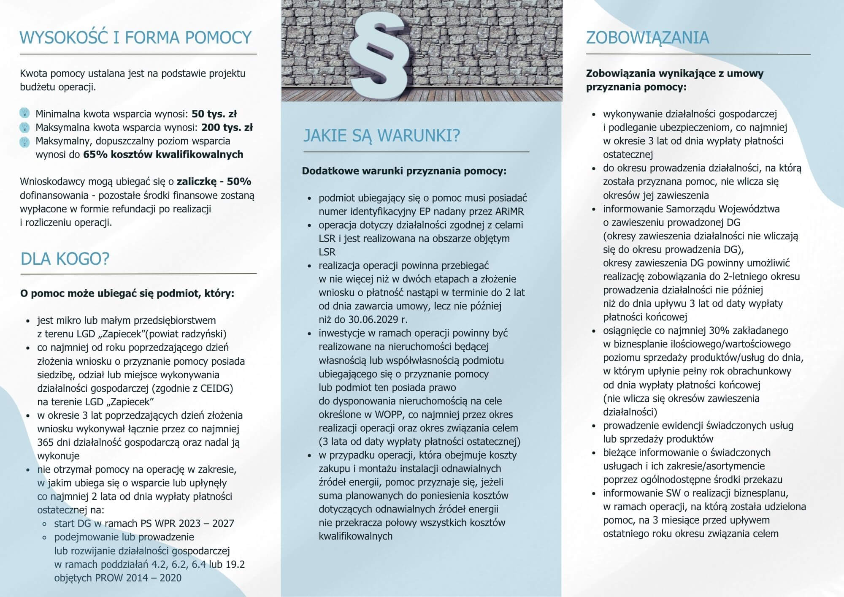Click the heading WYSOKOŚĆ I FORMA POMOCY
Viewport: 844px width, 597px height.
pyautogui.click(x=135, y=38)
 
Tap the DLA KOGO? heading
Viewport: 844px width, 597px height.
pyautogui.click(x=65, y=258)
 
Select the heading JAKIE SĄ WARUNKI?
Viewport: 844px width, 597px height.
pyautogui.click(x=381, y=136)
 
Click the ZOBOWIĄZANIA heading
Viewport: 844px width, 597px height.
pyautogui.click(x=647, y=38)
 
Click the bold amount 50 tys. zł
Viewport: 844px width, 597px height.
pyautogui.click(x=214, y=114)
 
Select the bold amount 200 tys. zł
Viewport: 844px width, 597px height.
pyautogui.click(x=227, y=127)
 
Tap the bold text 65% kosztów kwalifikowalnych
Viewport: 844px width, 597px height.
pyautogui.click(x=163, y=154)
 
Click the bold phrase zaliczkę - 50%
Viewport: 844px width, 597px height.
pyautogui.click(x=214, y=182)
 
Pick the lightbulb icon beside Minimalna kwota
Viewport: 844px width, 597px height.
pyautogui.click(x=25, y=113)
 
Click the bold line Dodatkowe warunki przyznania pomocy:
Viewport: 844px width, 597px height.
pyautogui.click(x=404, y=171)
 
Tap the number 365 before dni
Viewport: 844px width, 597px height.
pyautogui.click(x=46, y=442)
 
